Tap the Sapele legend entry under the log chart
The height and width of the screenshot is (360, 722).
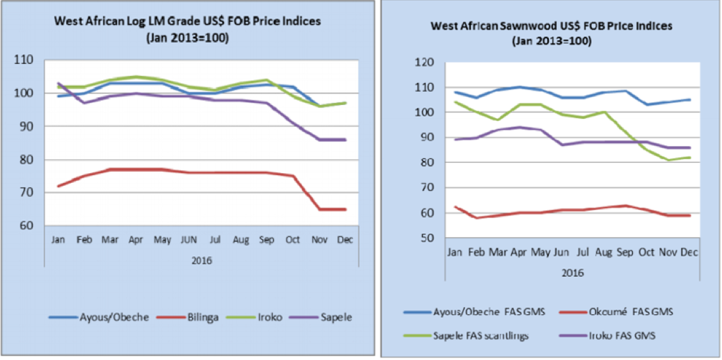click(335, 317)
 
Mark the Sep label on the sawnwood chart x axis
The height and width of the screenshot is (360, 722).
click(622, 252)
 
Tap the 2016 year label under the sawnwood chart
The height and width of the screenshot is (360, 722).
click(573, 271)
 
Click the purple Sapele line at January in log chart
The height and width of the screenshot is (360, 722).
click(58, 83)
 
